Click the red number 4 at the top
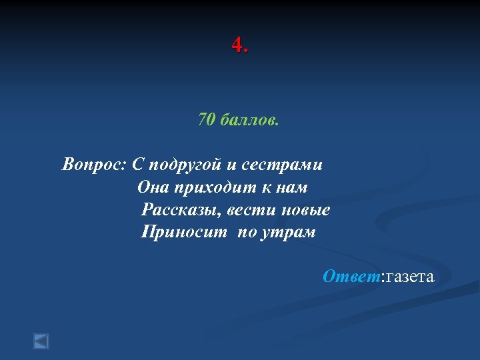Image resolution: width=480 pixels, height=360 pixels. pyautogui.click(x=237, y=45)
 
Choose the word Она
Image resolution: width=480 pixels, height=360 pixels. pyautogui.click(x=153, y=187)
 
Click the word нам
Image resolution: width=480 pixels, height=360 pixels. pyautogui.click(x=292, y=187)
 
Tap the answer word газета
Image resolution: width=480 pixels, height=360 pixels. pyautogui.click(x=408, y=277)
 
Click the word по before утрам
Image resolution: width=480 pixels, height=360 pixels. pyautogui.click(x=246, y=233)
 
